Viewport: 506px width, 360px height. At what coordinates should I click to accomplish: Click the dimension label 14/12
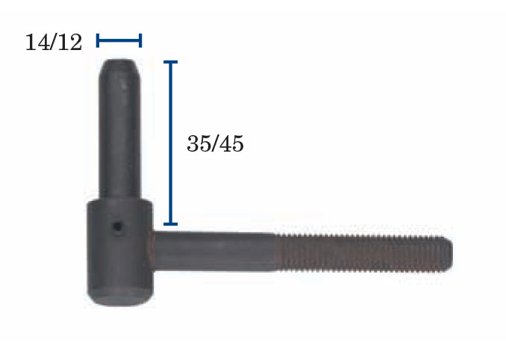click(54, 43)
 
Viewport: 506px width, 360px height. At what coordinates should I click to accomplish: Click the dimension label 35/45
click(215, 143)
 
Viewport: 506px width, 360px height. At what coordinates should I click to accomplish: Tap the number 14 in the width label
click(36, 43)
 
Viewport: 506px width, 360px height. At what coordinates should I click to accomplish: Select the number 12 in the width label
click(71, 43)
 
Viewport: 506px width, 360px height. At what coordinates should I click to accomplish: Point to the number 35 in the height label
click(198, 143)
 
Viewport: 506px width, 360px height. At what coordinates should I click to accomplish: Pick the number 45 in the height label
click(232, 143)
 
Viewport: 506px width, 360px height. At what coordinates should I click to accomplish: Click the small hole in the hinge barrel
click(117, 226)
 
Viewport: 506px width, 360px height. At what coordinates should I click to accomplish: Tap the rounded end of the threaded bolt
click(449, 254)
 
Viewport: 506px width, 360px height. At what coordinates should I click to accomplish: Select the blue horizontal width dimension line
click(119, 40)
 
